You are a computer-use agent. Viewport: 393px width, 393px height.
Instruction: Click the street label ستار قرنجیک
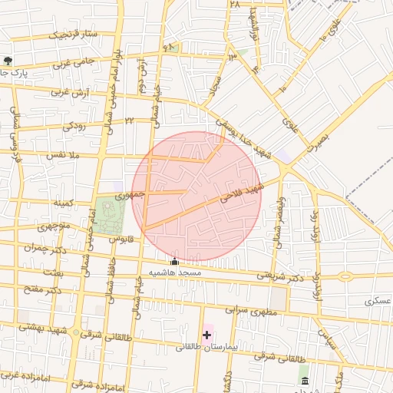[x=74, y=34]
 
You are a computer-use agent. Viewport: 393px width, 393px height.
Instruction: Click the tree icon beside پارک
[x=8, y=61]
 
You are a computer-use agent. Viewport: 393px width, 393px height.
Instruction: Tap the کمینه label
[x=62, y=203]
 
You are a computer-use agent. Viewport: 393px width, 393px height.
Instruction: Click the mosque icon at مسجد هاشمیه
[x=174, y=262]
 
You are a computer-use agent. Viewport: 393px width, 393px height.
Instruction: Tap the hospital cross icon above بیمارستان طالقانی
[x=206, y=335]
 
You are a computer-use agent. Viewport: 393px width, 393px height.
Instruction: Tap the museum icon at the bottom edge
[x=305, y=381]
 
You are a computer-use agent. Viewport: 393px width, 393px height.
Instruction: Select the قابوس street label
[x=121, y=238]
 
